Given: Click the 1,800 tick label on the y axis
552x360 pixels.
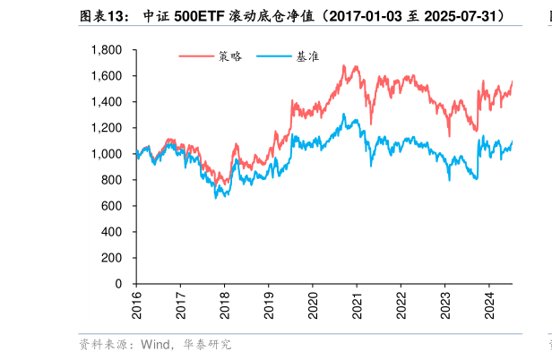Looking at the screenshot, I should pyautogui.click(x=108, y=50).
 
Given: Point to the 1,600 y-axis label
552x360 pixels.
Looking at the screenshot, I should pyautogui.click(x=108, y=76).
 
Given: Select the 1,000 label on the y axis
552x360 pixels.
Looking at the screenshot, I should pyautogui.click(x=108, y=154).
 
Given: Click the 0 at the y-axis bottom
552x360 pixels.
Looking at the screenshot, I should pyautogui.click(x=120, y=284).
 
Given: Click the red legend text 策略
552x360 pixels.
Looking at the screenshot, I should pyautogui.click(x=230, y=56).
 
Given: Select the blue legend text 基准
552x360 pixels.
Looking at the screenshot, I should pyautogui.click(x=308, y=56).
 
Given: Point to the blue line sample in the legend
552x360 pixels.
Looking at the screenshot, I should pyautogui.click(x=274, y=56).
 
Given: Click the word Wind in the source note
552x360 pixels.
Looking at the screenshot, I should pyautogui.click(x=157, y=344).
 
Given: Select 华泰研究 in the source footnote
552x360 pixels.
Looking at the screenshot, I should pyautogui.click(x=207, y=344).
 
